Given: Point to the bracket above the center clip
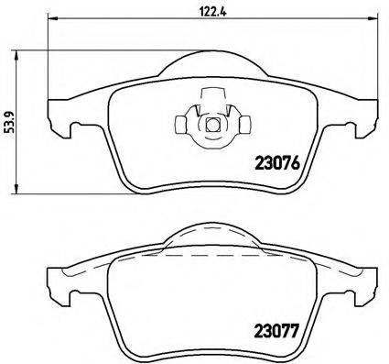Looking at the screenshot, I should (211, 94).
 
